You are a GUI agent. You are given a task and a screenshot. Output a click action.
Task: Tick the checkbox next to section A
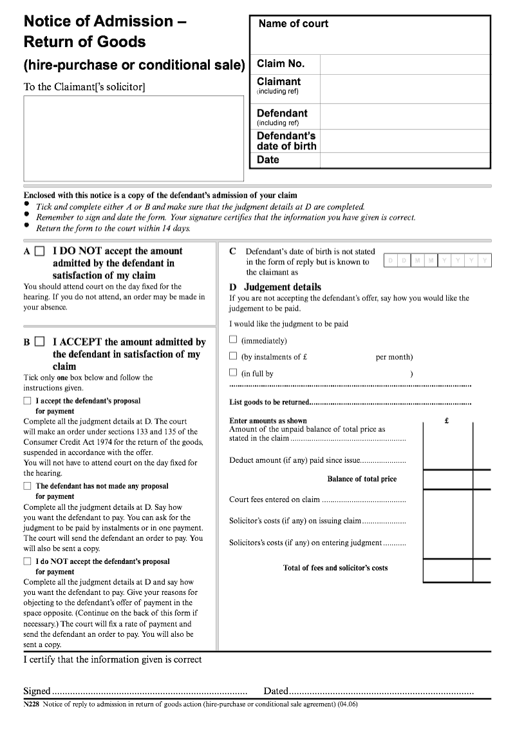(40, 251)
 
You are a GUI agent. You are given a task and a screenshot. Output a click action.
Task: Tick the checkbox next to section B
(40, 342)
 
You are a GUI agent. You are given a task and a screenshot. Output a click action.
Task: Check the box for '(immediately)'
(234, 340)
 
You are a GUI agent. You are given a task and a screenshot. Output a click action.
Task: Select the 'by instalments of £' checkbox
(234, 356)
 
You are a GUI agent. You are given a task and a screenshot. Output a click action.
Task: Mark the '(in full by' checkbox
(234, 373)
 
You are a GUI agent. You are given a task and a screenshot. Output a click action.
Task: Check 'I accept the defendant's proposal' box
(27, 401)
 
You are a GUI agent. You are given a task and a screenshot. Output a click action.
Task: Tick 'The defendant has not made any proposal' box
(27, 486)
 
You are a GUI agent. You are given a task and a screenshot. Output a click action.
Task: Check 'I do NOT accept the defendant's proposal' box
(27, 561)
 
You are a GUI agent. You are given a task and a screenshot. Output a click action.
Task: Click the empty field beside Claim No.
(404, 64)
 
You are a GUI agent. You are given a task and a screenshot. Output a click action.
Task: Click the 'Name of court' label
(293, 24)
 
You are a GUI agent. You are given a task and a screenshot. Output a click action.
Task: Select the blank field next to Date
(404, 160)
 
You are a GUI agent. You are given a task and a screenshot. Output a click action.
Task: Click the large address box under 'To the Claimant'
(133, 139)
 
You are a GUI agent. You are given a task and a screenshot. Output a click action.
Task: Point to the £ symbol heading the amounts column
(447, 421)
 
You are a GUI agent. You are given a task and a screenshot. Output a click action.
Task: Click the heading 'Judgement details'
(282, 287)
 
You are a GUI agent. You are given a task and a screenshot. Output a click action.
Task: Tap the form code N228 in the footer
(32, 705)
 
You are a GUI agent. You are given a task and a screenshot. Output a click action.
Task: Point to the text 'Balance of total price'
(362, 479)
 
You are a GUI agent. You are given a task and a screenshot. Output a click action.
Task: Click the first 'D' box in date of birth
(390, 260)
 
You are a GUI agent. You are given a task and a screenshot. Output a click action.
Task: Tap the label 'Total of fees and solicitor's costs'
(335, 568)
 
